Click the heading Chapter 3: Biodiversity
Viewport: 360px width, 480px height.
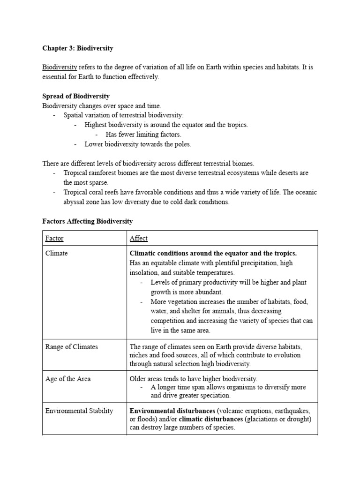click(78, 48)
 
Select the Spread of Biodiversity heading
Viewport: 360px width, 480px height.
click(76, 97)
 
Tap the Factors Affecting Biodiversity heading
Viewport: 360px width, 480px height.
click(88, 221)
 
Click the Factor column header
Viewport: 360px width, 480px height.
click(54, 238)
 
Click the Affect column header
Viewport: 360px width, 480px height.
click(138, 238)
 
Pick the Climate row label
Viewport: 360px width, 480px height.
click(56, 253)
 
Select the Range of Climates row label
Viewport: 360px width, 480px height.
click(72, 347)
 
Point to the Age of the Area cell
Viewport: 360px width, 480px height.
click(68, 379)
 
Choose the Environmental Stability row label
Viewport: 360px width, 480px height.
click(79, 411)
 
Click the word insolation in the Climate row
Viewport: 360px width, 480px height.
click(146, 272)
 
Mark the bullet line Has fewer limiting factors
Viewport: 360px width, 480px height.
click(143, 135)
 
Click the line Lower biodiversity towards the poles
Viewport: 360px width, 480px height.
click(138, 144)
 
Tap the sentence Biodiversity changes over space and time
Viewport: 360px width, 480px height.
click(102, 106)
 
